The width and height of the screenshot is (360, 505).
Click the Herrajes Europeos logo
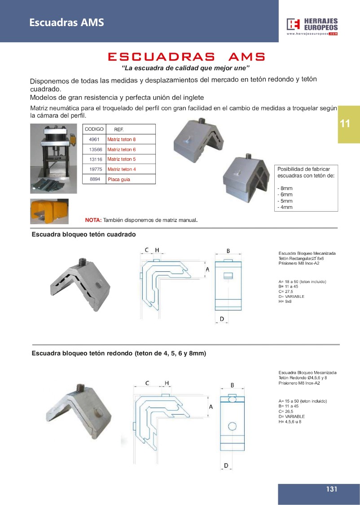click(312, 27)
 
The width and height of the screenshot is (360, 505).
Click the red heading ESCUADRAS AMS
click(186, 57)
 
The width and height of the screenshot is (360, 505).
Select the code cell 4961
click(94, 139)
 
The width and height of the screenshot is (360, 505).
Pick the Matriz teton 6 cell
click(122, 149)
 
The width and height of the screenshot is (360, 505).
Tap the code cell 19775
click(94, 169)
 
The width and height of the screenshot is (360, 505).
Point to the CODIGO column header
click(94, 129)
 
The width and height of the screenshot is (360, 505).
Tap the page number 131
click(332, 489)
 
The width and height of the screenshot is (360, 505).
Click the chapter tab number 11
click(345, 124)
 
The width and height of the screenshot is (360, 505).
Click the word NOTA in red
click(93, 220)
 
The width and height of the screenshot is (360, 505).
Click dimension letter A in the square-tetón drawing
click(207, 270)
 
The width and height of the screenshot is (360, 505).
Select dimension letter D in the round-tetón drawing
click(226, 465)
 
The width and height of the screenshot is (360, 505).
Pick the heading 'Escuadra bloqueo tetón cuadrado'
click(83, 235)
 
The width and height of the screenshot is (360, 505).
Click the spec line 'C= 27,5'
click(286, 292)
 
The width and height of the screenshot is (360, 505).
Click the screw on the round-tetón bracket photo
click(81, 387)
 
